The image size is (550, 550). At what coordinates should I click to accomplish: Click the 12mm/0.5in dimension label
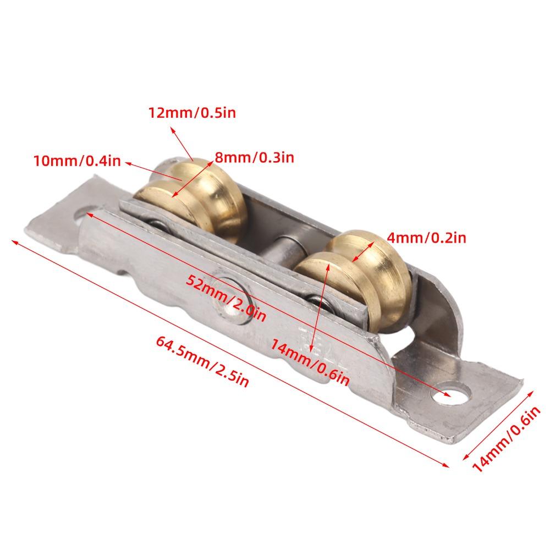click(x=193, y=113)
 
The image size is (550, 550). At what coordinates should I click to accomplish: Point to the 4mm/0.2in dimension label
click(x=427, y=238)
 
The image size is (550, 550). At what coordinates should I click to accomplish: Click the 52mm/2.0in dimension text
click(x=226, y=298)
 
